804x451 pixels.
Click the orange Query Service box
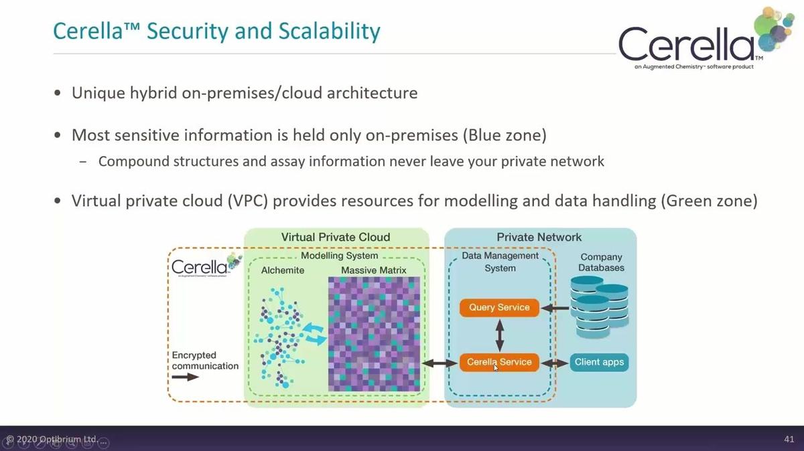499,308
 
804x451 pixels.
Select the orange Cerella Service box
499,362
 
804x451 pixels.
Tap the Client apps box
599,362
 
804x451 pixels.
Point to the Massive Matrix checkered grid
374,334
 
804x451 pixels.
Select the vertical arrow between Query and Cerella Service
499,335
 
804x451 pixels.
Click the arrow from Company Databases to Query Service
554,308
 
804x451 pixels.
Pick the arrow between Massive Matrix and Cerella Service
440,363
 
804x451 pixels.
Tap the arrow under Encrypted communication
185,377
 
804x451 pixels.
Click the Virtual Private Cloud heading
335,237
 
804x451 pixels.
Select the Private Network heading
539,237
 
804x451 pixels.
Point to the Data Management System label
500,262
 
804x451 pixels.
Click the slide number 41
789,440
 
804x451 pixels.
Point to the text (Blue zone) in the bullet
504,134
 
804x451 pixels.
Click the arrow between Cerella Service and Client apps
554,363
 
